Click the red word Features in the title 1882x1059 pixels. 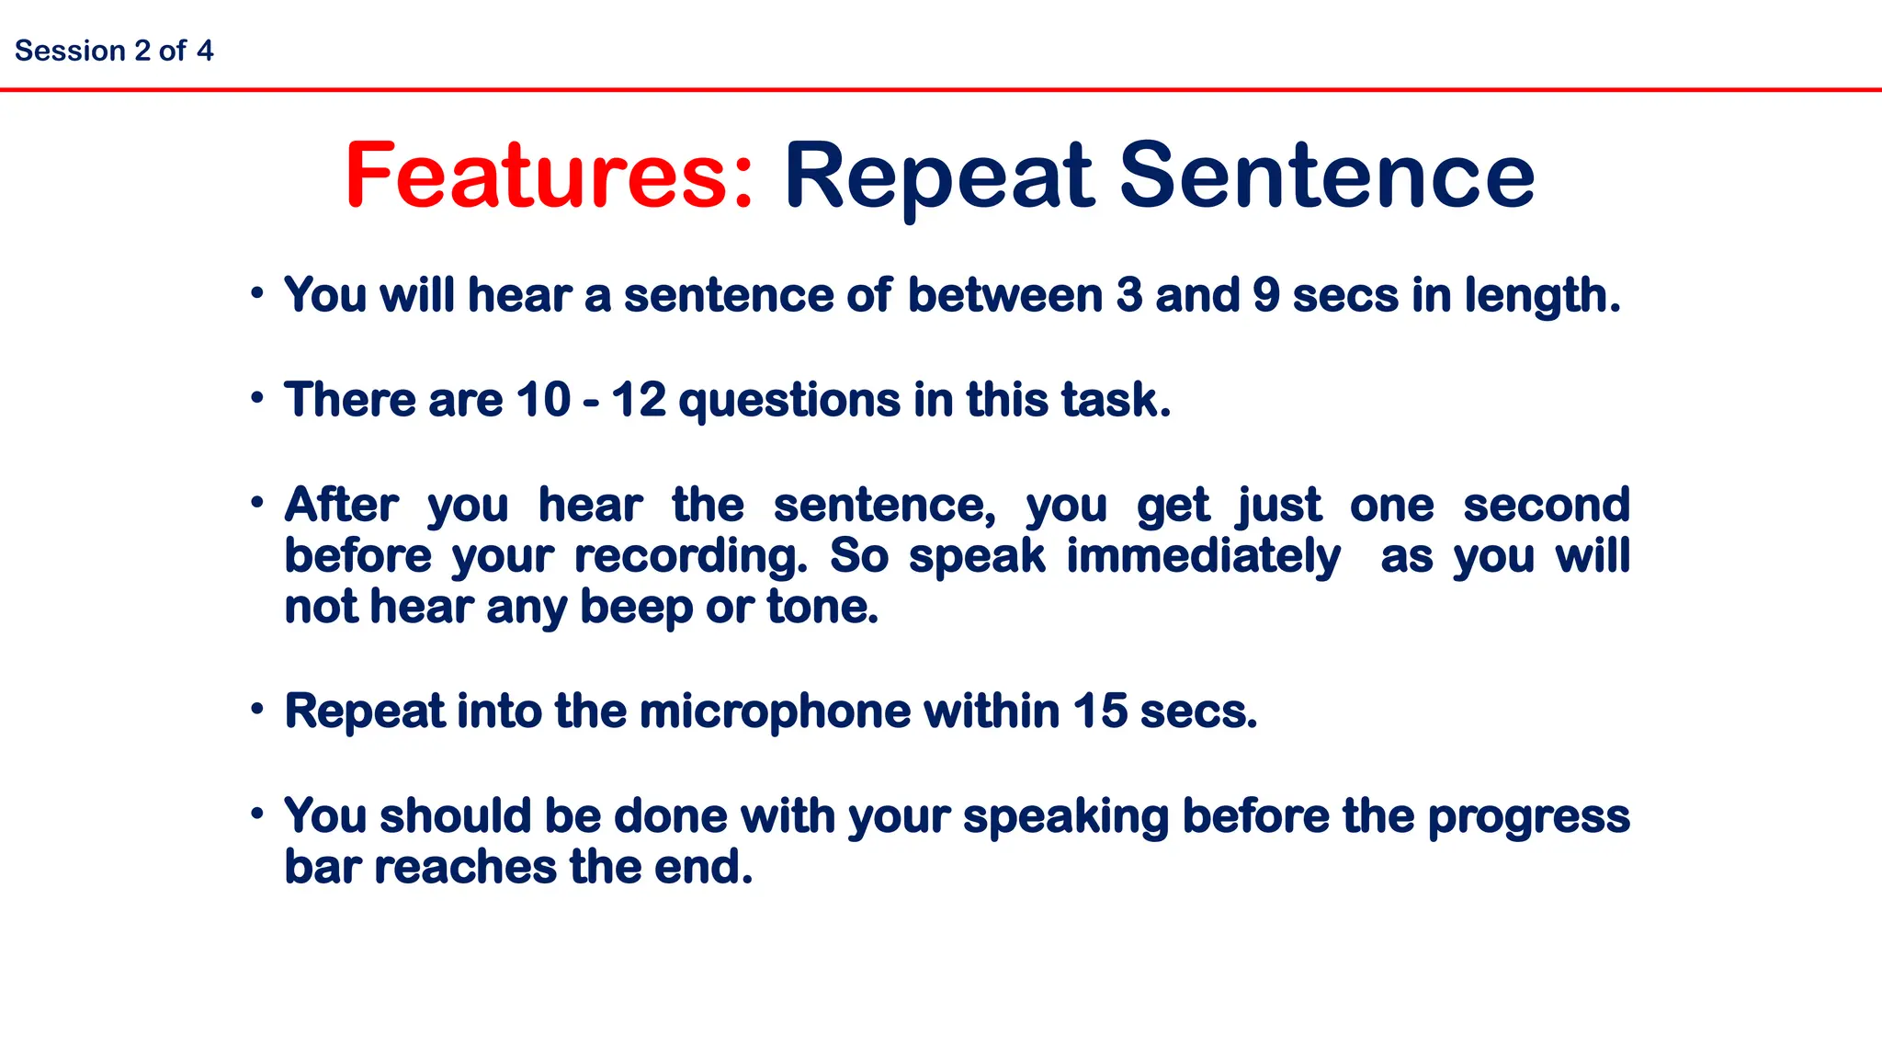[549, 176]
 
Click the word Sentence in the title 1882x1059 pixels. [1327, 176]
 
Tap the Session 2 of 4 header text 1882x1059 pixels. [114, 51]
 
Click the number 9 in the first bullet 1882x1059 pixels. [1266, 296]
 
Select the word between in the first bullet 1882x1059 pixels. [1004, 296]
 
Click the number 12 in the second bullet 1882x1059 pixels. [639, 400]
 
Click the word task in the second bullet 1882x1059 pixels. [1115, 400]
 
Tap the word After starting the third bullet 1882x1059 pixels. [341, 505]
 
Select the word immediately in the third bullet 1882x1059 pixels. [1203, 557]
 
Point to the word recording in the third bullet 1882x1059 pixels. [690, 557]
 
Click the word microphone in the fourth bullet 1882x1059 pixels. [776, 712]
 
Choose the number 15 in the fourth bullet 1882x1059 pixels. [1100, 712]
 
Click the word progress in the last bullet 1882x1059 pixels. [1528, 817]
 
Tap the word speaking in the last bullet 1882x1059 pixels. [1065, 817]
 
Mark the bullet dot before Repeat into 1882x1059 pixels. [258, 709]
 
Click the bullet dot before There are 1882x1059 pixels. [258, 398]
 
